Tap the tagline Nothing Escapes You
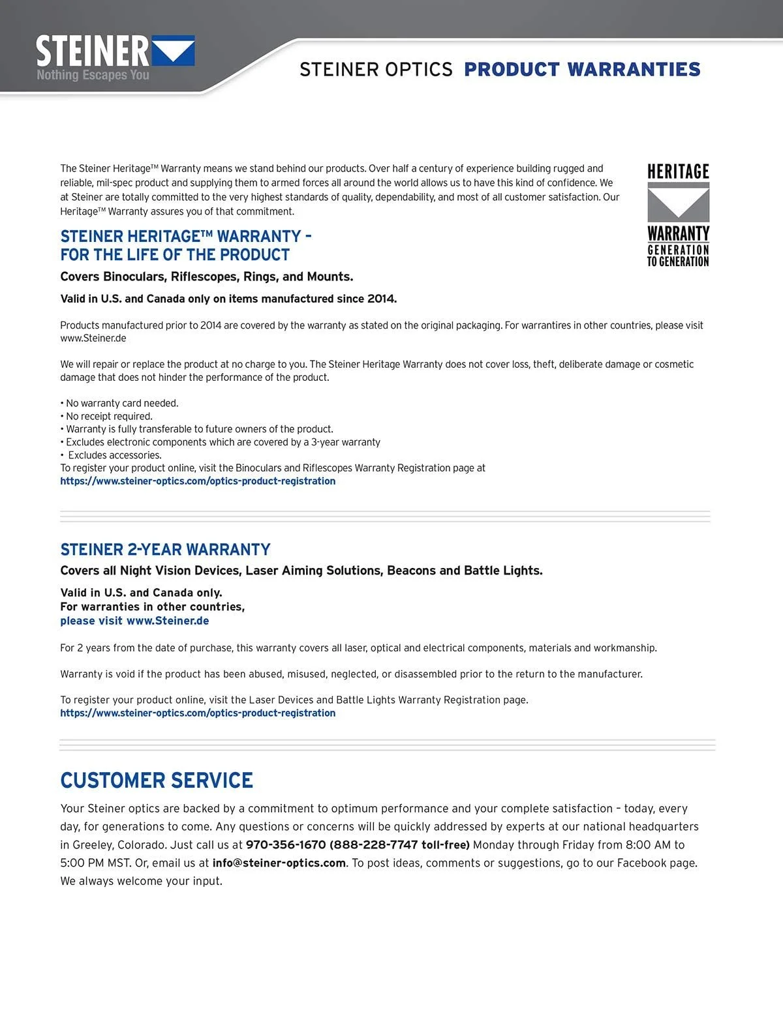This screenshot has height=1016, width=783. (93, 75)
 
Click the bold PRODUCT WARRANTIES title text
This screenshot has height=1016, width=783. (582, 69)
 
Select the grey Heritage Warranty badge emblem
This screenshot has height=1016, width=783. (678, 202)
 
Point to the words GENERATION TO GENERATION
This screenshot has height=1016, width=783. (678, 256)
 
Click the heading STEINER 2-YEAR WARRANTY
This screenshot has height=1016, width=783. (165, 549)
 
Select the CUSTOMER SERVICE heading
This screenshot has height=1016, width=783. (157, 780)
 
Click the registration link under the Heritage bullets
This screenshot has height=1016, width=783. (198, 481)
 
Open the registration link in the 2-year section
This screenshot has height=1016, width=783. (198, 713)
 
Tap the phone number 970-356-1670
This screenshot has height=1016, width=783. (285, 845)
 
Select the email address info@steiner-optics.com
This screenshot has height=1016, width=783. (279, 863)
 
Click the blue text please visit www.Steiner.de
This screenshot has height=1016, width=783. (134, 621)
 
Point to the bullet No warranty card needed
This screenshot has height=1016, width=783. (121, 404)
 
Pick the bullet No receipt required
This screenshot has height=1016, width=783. (109, 417)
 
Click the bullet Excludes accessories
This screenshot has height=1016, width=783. (114, 455)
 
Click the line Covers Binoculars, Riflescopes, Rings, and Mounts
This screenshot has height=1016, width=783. (206, 276)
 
